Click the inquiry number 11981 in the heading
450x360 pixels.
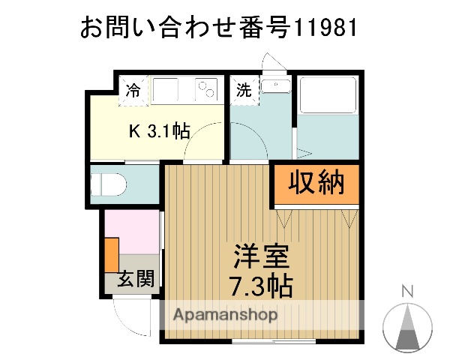[323, 28]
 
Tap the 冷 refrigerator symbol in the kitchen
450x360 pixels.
[133, 91]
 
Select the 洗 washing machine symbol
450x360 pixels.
[244, 91]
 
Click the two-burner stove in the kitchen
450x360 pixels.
[205, 91]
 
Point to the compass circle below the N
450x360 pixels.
[408, 327]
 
